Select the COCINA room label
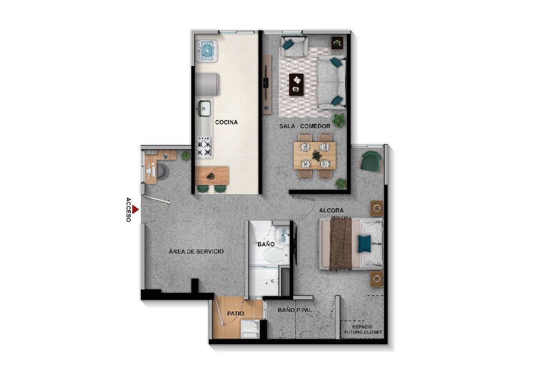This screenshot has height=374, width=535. (226, 122)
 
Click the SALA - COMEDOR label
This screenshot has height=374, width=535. (305, 126)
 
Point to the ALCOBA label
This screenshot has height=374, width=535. (331, 210)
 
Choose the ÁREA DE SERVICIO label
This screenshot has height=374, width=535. (196, 252)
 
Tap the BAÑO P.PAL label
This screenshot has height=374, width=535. (295, 310)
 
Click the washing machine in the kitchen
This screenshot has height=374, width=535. (206, 49)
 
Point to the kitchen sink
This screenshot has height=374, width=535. (204, 107)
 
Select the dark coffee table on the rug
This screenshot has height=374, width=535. (296, 84)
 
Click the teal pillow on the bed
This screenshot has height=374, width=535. (364, 244)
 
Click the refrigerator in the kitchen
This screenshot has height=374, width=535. (207, 84)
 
